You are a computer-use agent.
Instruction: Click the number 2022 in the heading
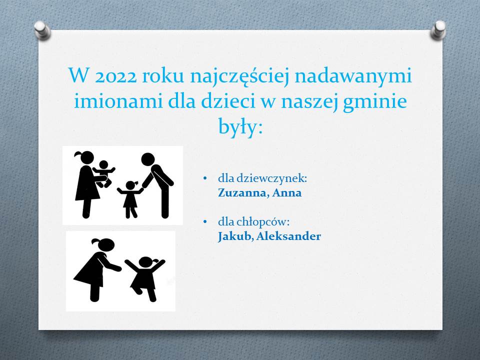[115, 76]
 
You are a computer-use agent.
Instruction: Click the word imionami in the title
[118, 101]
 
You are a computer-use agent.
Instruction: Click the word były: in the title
[240, 126]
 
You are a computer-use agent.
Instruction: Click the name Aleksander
[288, 236]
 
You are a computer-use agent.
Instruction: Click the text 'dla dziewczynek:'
[262, 178]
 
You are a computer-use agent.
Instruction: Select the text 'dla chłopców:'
[254, 222]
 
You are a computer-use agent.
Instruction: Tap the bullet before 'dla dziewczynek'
[205, 178]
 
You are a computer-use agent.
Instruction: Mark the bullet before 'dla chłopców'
[205, 221]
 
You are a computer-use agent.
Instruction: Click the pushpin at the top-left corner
[42, 30]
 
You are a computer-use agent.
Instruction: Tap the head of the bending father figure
[148, 159]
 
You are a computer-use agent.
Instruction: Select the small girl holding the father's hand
[130, 199]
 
